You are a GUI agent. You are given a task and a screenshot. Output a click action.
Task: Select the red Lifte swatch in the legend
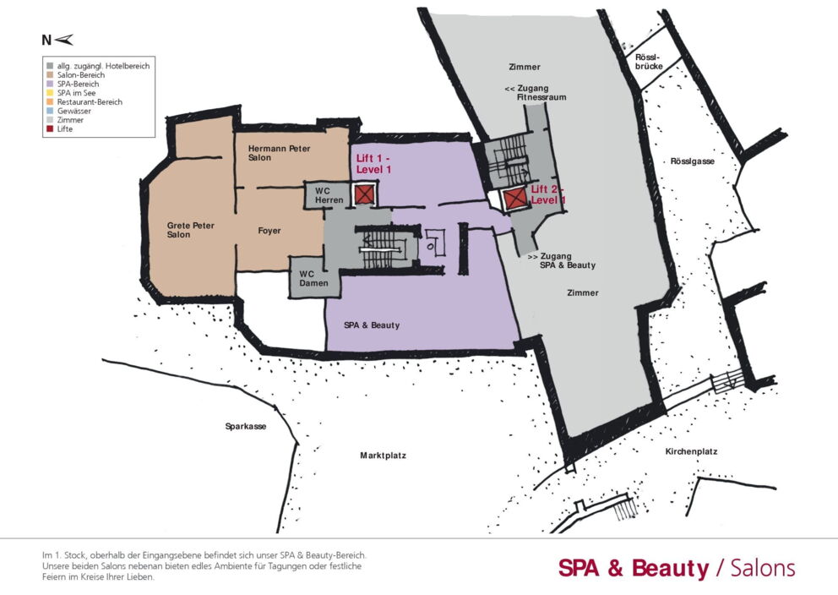[x=50, y=128]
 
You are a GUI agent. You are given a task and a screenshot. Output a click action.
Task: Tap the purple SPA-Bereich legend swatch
[x=50, y=84]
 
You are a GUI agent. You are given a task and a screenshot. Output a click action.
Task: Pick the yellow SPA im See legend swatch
[x=50, y=93]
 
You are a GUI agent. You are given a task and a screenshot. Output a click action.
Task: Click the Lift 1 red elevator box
[x=364, y=194]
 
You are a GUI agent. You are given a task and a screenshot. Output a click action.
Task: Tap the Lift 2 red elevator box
[x=515, y=199]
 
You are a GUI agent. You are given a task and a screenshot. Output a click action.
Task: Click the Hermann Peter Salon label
[x=279, y=153]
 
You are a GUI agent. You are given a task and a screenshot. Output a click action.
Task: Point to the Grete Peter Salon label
[x=190, y=230]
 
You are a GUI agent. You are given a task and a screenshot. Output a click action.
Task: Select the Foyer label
[x=269, y=231]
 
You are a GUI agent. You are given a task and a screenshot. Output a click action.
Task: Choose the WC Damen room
[x=314, y=277]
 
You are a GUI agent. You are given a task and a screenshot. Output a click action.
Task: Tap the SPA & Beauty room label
[x=372, y=325]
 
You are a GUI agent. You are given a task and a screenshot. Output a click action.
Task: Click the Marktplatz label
[x=383, y=456]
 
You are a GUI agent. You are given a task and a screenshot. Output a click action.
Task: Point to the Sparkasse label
[x=245, y=427]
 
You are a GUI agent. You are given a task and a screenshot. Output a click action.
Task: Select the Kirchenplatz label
[x=691, y=451]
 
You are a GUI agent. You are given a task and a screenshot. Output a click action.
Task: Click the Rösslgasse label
[x=692, y=161]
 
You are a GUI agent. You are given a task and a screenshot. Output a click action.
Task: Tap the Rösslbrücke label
[x=649, y=62]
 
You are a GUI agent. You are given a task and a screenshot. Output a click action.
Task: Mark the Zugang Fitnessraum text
[x=536, y=93]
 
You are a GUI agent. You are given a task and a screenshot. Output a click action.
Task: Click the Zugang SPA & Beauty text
[x=562, y=261]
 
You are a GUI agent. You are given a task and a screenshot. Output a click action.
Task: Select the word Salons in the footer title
[x=763, y=568]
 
